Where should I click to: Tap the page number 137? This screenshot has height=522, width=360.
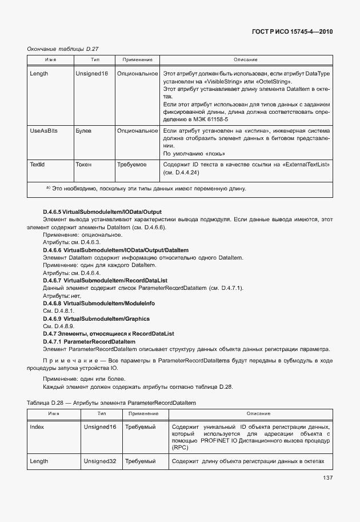click(x=327, y=479)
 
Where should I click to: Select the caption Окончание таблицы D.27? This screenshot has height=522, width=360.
click(x=59, y=49)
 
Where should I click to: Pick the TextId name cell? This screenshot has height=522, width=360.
click(x=37, y=165)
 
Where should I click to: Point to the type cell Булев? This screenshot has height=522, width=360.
click(x=83, y=131)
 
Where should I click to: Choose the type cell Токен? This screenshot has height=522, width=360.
click(x=83, y=165)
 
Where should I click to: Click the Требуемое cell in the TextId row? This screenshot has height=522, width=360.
click(x=132, y=165)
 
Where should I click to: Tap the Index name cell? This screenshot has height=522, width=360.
click(x=37, y=427)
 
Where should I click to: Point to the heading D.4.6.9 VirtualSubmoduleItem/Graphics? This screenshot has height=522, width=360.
click(x=96, y=318)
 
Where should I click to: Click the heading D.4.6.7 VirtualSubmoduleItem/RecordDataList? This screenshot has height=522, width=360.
click(x=105, y=281)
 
